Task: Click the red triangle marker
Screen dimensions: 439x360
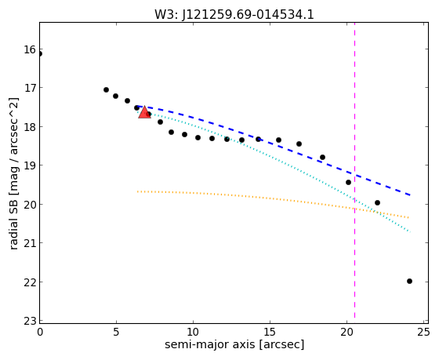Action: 144,112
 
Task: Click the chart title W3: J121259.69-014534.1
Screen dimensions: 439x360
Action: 234,14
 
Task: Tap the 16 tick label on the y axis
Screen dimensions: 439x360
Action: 30,50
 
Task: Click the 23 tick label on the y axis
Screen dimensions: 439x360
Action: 30,321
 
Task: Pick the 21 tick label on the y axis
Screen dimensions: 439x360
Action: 30,243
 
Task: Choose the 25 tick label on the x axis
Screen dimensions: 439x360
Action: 423,333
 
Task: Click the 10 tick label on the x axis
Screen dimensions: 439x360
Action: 193,333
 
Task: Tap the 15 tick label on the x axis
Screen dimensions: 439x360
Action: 270,333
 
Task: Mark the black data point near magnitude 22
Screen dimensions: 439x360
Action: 409,281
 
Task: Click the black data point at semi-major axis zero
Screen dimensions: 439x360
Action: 40,54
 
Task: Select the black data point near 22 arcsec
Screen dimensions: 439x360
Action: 377,202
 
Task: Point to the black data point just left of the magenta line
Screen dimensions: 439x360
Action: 348,183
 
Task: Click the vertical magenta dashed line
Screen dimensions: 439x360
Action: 354,170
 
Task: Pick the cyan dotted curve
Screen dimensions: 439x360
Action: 273,158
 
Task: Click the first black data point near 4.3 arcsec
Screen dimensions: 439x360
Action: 106,89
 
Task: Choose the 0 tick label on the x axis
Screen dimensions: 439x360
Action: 40,333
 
